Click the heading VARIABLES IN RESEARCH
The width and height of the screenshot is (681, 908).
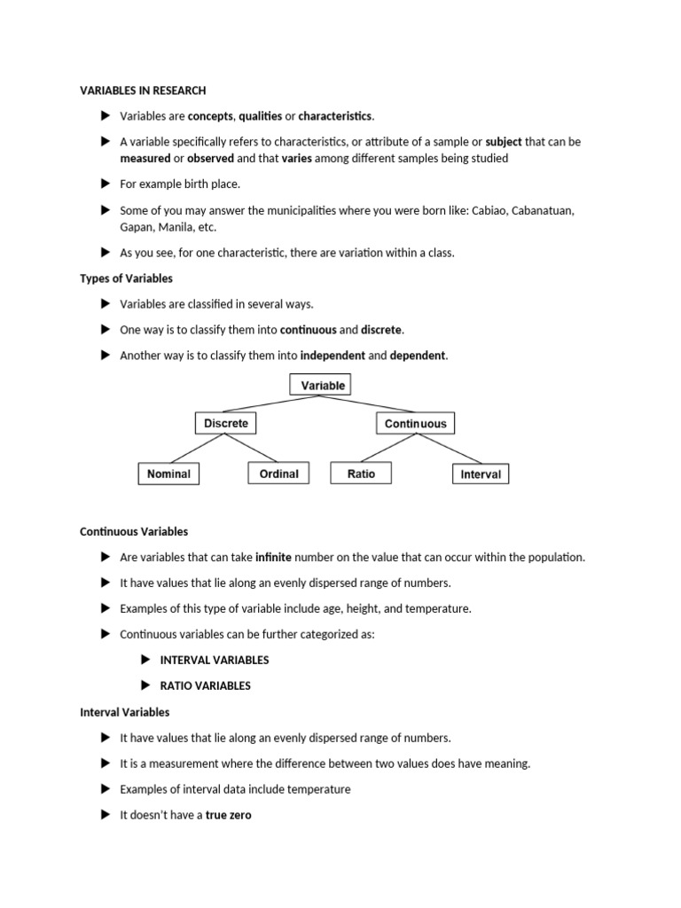[x=143, y=90]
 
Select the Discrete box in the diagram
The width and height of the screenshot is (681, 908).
[x=226, y=423]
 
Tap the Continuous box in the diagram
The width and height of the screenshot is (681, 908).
[x=415, y=424]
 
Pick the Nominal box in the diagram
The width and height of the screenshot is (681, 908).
[x=168, y=474]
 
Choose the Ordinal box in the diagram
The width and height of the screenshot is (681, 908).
[x=278, y=474]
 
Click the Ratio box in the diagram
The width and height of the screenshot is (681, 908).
[x=361, y=474]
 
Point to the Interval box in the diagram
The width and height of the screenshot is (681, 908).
[x=481, y=474]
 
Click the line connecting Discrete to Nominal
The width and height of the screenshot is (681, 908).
[x=198, y=449]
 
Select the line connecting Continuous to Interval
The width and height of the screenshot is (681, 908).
[x=448, y=449]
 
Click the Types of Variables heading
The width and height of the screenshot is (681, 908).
[x=126, y=278]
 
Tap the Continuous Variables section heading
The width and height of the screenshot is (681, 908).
[x=134, y=532]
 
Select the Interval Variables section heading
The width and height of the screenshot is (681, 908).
[x=124, y=712]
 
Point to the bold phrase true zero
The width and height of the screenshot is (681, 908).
[x=229, y=815]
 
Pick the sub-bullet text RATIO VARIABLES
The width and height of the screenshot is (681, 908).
[x=205, y=685]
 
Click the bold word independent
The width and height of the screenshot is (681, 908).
[x=332, y=356]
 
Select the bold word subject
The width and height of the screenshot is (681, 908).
[x=504, y=142]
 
